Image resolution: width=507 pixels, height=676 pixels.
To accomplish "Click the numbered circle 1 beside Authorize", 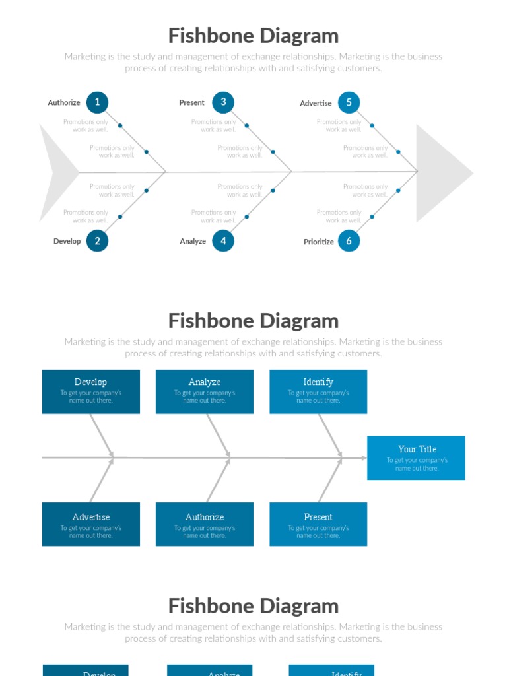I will coord(97,102).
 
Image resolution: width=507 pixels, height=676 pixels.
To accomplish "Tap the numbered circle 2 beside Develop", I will coord(97,241).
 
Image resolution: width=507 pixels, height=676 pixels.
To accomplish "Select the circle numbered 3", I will coord(223,102).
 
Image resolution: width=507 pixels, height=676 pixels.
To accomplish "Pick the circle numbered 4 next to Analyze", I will coord(223,241).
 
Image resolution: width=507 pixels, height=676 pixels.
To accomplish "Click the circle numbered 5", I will coord(349,102).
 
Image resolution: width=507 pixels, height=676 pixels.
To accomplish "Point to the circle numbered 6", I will coord(349,242).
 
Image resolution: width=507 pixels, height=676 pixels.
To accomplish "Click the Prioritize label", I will coord(319,242).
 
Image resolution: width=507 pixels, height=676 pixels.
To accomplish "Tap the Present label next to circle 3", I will coord(191,103).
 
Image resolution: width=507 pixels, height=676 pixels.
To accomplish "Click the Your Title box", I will coord(416,457).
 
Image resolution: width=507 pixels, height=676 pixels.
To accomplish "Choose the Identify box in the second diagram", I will coord(318,391).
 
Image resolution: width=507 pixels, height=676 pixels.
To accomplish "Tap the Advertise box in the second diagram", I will coord(91,524).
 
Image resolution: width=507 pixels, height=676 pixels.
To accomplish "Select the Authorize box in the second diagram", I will coord(205,524).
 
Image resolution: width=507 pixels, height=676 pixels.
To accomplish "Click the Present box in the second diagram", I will coord(318,524).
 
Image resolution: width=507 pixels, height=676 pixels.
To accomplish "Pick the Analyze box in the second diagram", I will coord(205,391).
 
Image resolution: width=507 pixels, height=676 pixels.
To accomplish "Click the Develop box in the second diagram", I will coord(91,391).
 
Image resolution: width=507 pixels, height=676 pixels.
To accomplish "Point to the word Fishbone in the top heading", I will coord(206,36).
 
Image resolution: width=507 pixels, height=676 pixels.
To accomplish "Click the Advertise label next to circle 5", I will coord(316,104).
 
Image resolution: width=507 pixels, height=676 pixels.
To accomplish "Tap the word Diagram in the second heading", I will coord(300,321).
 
